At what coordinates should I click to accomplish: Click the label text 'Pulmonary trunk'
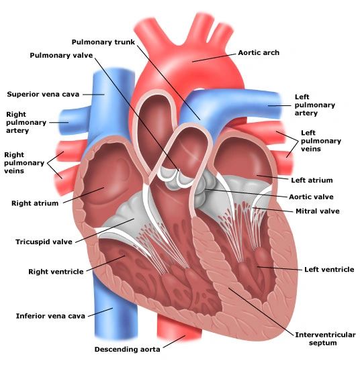(x=103, y=42)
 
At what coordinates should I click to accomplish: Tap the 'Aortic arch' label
(x=259, y=52)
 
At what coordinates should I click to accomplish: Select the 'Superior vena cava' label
(x=43, y=95)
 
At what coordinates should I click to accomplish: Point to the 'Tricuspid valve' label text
(x=44, y=242)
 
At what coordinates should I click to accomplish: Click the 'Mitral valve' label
(x=318, y=211)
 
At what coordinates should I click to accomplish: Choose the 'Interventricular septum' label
(x=325, y=339)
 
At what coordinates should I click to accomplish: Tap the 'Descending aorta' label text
(x=127, y=349)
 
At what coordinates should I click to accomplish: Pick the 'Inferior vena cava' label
(x=50, y=316)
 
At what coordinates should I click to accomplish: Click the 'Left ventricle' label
(x=329, y=269)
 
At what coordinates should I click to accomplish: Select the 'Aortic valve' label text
(x=311, y=197)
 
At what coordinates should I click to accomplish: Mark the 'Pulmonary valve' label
(x=61, y=56)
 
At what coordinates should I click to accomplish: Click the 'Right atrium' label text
(x=35, y=203)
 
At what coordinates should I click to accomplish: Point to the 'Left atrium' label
(x=312, y=180)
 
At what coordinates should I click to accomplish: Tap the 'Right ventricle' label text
(x=56, y=272)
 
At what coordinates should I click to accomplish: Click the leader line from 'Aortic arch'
(x=214, y=58)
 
